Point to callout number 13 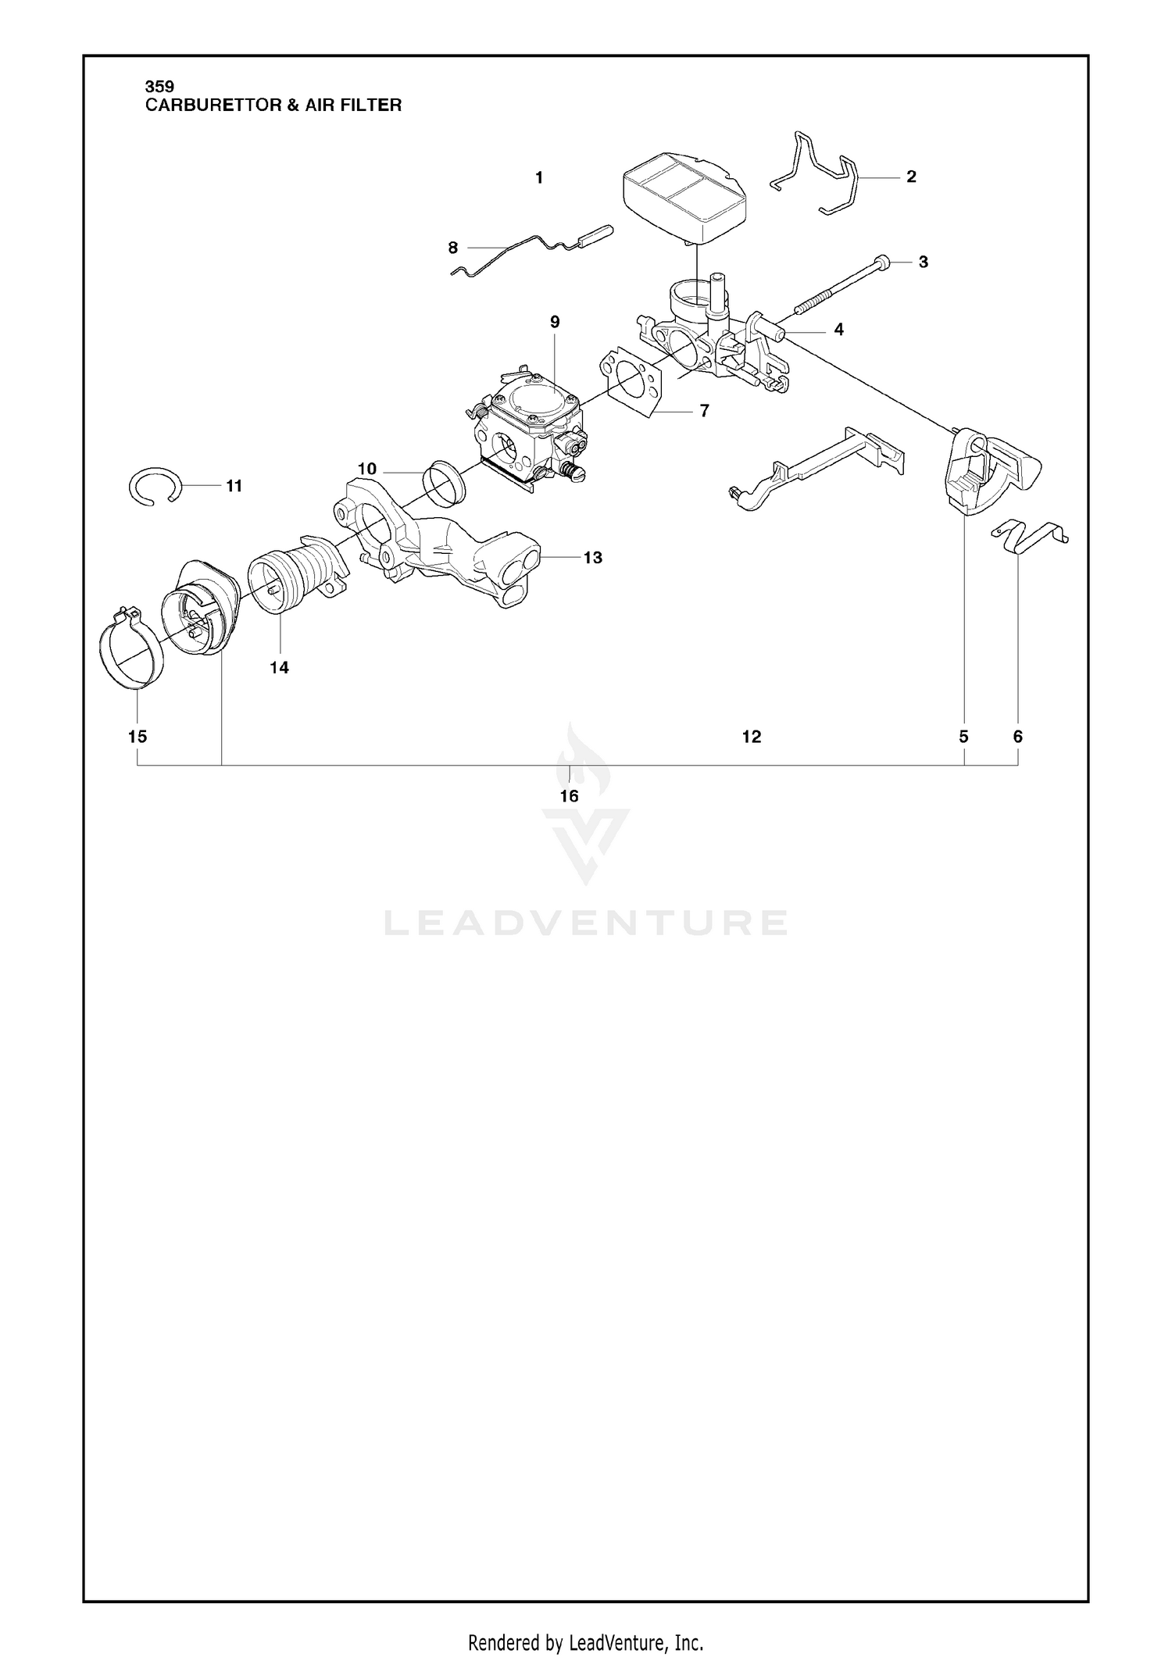(592, 557)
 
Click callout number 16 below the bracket (569, 795)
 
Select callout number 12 (751, 736)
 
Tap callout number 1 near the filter (539, 177)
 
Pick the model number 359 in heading (159, 87)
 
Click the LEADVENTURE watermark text (585, 923)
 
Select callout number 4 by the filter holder (838, 329)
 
